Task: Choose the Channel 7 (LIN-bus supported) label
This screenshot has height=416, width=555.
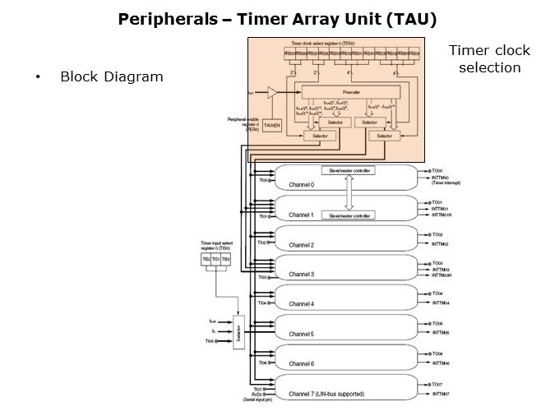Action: [x=326, y=394]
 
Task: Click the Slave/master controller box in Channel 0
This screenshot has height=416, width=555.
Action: [x=349, y=170]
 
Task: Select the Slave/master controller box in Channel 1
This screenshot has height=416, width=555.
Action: [x=349, y=215]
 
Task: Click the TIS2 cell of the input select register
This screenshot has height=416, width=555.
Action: [x=206, y=259]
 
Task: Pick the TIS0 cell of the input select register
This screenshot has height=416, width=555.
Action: [x=225, y=259]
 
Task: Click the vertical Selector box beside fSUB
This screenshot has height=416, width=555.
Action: [x=238, y=331]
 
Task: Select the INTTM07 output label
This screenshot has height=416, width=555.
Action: [x=441, y=394]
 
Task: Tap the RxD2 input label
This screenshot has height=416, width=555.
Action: [x=257, y=394]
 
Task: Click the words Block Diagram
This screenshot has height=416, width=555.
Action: [x=111, y=76]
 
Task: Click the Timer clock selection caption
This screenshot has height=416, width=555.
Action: [x=489, y=59]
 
